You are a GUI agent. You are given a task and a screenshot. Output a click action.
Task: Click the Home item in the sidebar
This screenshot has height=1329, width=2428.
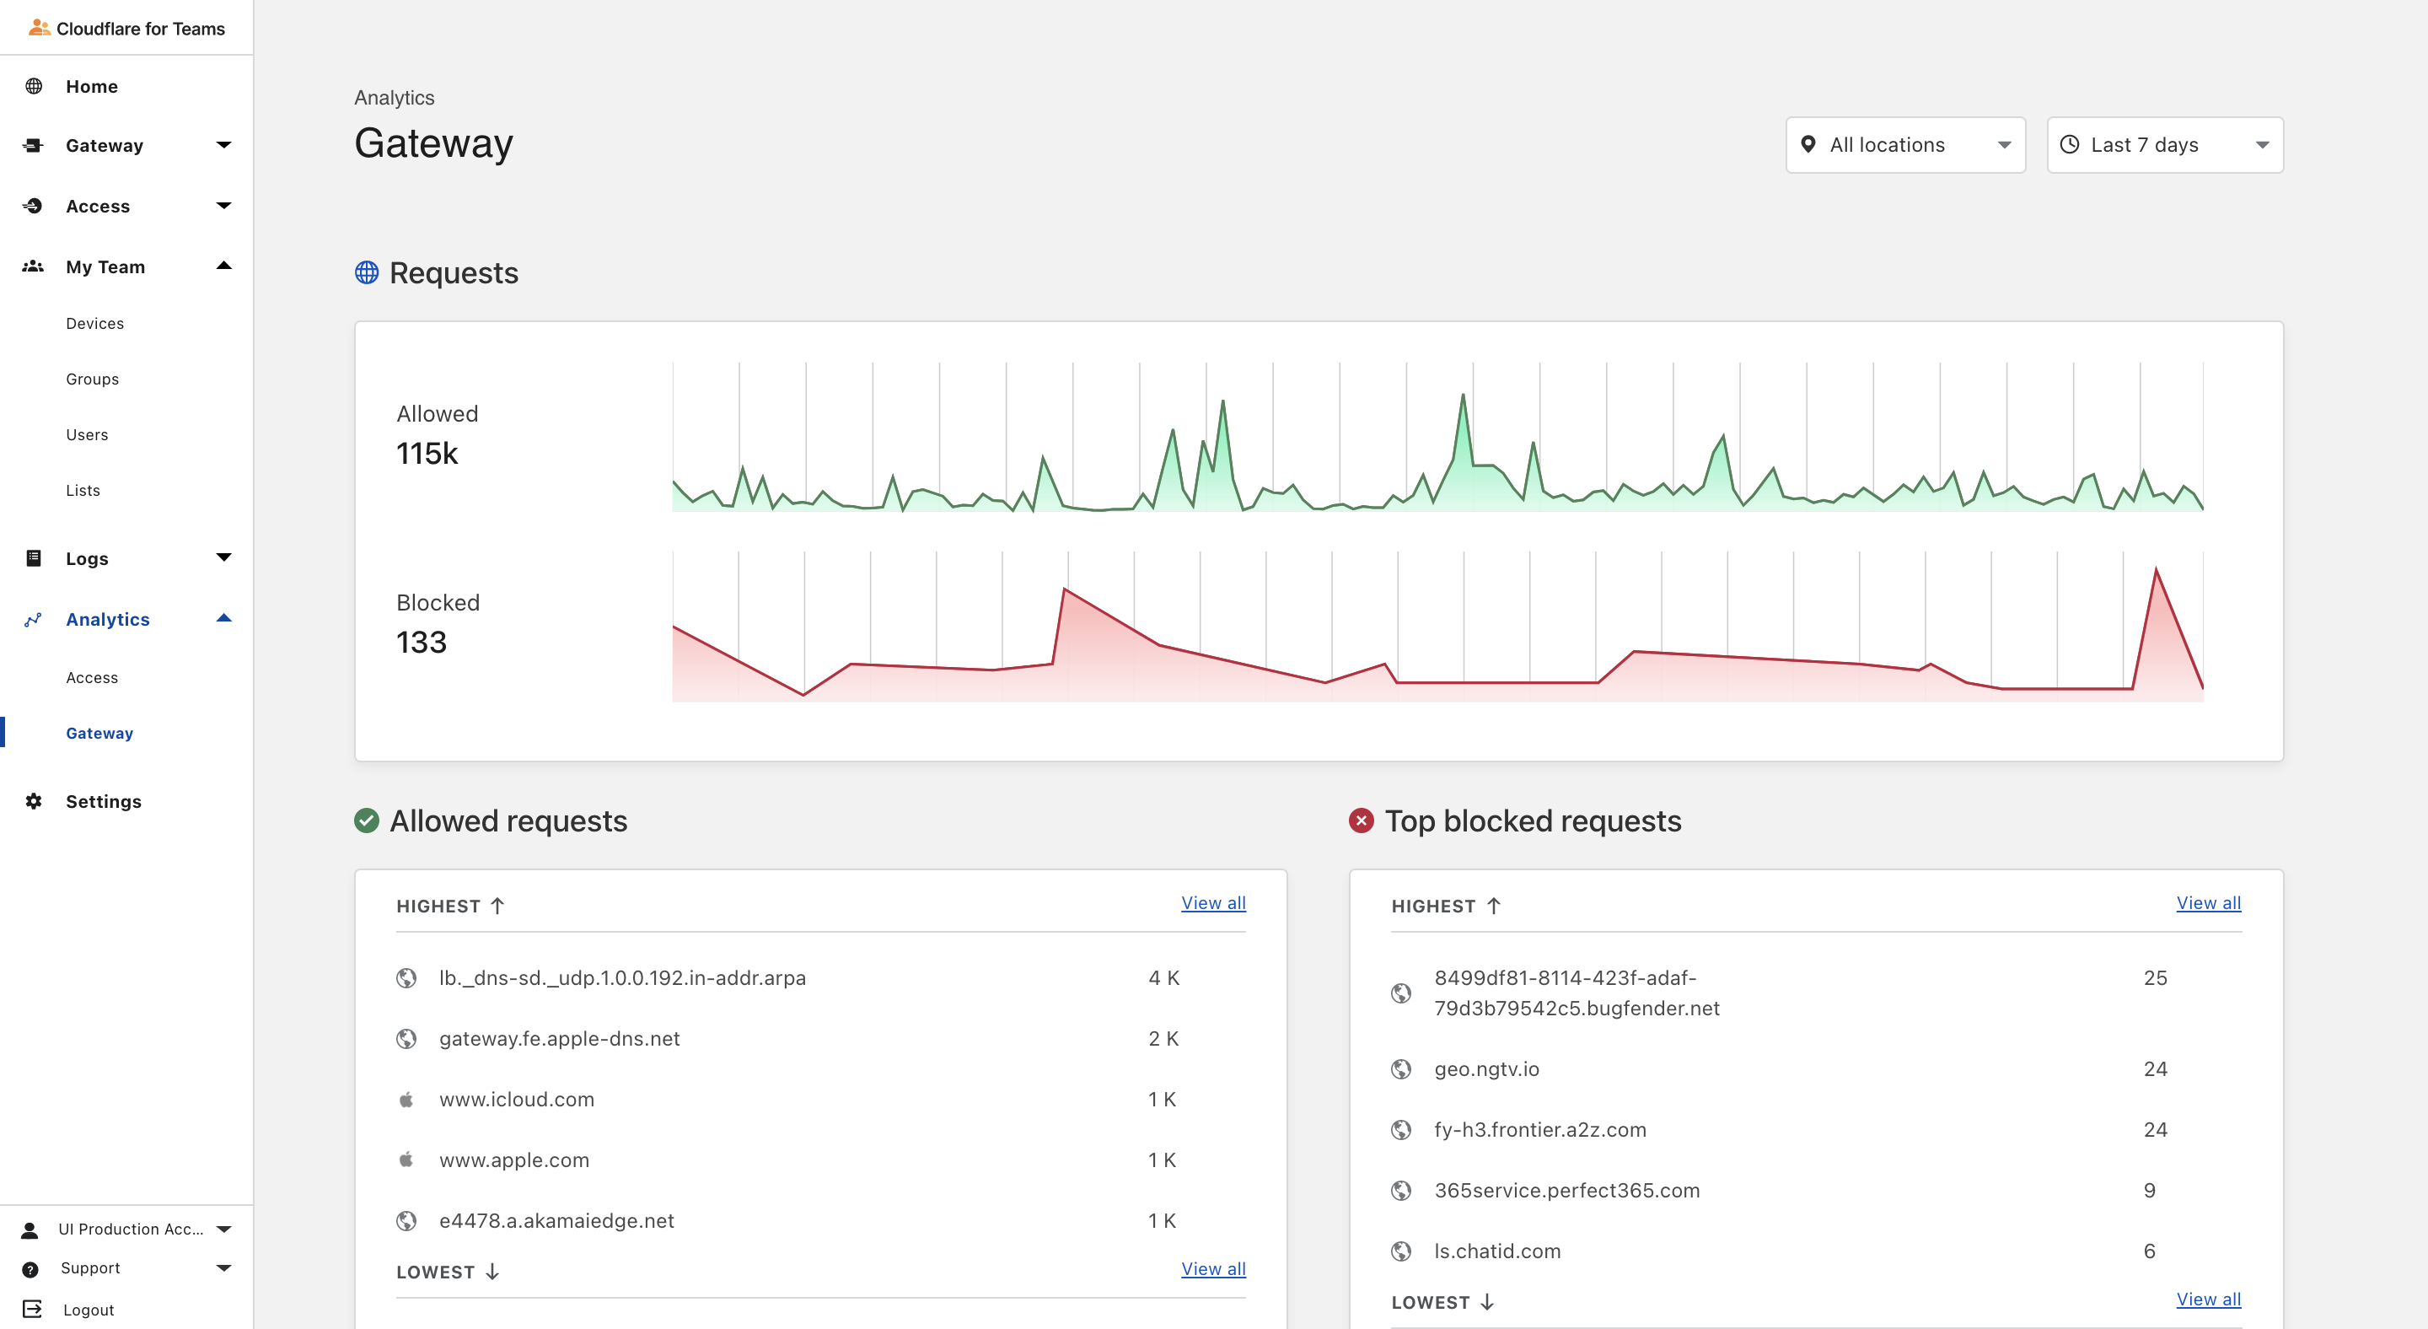[x=91, y=87]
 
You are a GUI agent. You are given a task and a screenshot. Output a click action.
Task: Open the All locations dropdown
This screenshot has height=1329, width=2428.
[x=1905, y=145]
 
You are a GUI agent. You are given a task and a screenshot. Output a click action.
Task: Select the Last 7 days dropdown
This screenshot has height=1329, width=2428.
[x=2164, y=145]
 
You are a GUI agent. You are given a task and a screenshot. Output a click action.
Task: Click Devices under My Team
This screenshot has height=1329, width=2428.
[x=95, y=323]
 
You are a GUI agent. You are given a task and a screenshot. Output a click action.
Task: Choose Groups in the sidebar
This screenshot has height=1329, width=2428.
[x=93, y=379]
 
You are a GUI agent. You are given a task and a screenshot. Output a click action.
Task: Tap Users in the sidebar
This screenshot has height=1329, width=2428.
[x=87, y=434]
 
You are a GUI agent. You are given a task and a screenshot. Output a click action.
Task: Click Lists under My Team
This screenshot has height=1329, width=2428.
[x=83, y=490]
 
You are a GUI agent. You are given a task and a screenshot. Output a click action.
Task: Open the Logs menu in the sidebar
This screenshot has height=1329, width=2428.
[x=87, y=558]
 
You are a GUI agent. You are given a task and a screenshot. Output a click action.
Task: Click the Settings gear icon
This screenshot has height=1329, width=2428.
[x=34, y=801]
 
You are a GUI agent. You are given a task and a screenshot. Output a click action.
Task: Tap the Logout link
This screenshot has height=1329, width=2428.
[x=88, y=1310]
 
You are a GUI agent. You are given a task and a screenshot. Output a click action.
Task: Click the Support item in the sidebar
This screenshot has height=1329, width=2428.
[x=90, y=1267]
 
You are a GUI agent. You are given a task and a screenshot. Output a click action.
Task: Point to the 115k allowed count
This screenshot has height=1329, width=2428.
[x=427, y=454]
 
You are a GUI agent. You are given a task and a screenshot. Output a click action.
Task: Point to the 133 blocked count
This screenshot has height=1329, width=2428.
[x=422, y=642]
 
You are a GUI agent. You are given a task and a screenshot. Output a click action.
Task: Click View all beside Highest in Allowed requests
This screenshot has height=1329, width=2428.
[x=1213, y=903]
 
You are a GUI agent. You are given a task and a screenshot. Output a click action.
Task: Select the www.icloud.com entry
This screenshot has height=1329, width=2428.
[x=517, y=1099]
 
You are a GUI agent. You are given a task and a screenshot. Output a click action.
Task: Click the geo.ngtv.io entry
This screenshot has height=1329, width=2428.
[x=1486, y=1069]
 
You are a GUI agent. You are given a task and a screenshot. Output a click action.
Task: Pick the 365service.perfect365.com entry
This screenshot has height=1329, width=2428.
[x=1566, y=1191]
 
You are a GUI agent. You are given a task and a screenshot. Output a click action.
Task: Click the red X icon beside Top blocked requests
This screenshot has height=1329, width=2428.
[x=1361, y=821]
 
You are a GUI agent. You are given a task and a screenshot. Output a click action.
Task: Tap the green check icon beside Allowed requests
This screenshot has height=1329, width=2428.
[x=367, y=821]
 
